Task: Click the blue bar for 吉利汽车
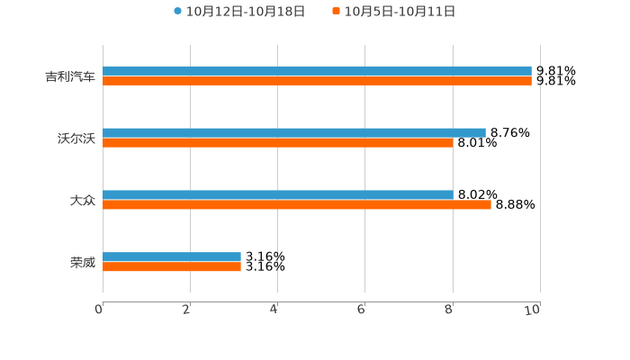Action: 317,71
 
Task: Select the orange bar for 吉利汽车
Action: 317,81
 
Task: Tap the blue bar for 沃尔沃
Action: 294,133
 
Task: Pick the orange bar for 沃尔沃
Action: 278,143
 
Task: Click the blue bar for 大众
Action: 278,195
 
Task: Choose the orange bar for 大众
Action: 297,205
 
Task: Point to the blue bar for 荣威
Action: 172,257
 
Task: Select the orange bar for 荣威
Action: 172,267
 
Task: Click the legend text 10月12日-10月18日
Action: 246,12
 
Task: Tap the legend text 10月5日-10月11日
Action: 400,12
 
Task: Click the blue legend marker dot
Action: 178,12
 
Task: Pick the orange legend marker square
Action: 337,12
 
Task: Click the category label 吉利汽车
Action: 70,76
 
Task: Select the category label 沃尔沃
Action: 76,139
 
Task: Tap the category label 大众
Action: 83,201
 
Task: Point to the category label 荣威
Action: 83,263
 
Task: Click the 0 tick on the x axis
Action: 99,310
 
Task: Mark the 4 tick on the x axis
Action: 274,310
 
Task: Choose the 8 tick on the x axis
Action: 449,310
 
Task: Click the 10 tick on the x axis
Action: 533,310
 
